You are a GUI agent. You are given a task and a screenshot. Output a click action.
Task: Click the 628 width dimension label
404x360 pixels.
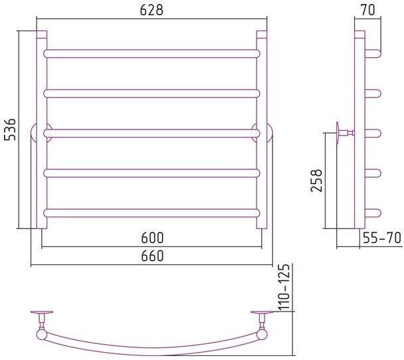tap(151, 11)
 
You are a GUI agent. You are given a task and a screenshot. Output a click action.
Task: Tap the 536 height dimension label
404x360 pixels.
tap(11, 130)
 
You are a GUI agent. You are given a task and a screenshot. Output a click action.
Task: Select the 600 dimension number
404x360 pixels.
tap(152, 238)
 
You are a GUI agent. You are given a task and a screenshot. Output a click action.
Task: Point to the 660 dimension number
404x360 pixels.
tap(152, 256)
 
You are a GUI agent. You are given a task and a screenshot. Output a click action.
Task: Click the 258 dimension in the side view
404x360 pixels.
tap(316, 180)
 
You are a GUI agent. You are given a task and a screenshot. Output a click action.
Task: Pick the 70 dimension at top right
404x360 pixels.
tap(368, 11)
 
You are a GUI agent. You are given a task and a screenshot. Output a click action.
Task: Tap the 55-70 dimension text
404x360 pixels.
tap(382, 238)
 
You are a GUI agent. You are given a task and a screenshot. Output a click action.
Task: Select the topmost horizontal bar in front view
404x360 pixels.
tap(151, 54)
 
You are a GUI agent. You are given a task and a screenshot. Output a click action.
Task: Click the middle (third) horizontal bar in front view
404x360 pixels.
tap(151, 134)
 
